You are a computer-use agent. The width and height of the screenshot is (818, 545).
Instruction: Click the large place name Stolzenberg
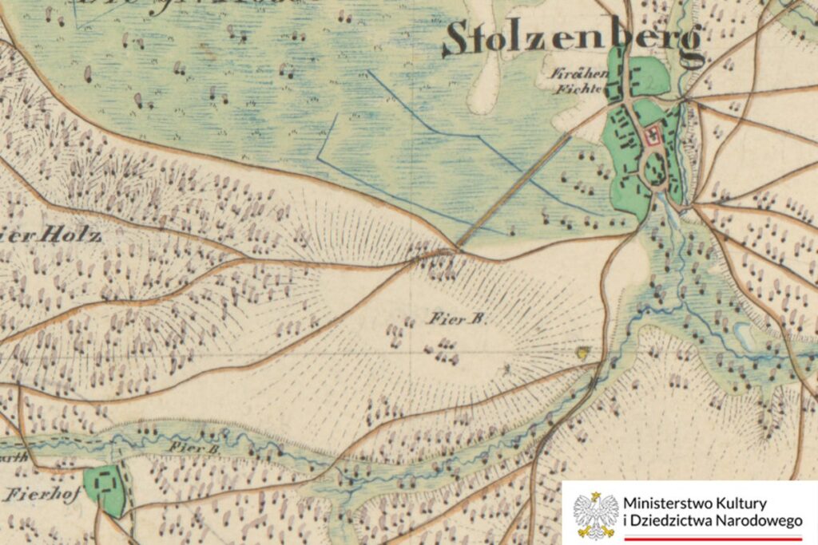tap(574, 40)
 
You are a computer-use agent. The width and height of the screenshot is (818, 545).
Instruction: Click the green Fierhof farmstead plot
tap(105, 488)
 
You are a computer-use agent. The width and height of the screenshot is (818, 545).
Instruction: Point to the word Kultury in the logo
tap(744, 504)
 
